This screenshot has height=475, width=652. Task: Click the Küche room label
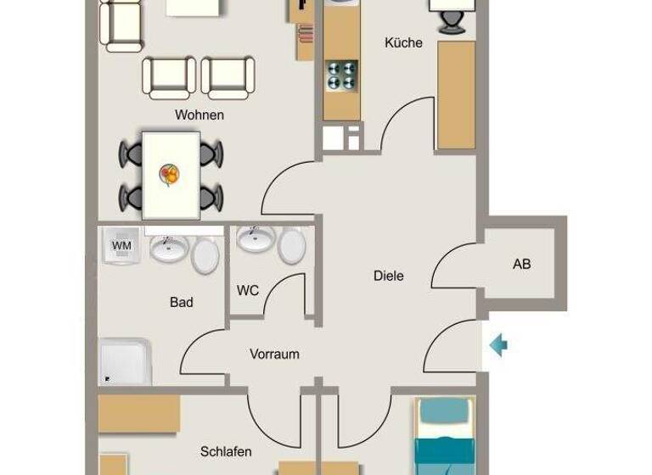pyautogui.click(x=403, y=42)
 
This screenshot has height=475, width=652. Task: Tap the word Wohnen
pyautogui.click(x=200, y=115)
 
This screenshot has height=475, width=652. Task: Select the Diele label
pyautogui.click(x=389, y=276)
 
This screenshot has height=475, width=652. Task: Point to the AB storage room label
pyautogui.click(x=521, y=264)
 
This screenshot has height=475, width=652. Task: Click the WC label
pyautogui.click(x=248, y=291)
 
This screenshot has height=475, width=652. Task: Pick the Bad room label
pyautogui.click(x=181, y=302)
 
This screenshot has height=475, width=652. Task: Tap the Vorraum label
pyautogui.click(x=274, y=354)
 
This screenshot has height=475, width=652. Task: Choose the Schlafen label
pyautogui.click(x=226, y=452)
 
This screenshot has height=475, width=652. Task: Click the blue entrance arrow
pyautogui.click(x=498, y=344)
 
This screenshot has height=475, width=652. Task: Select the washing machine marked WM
pyautogui.click(x=122, y=246)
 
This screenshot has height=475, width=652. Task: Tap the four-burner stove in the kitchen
pyautogui.click(x=341, y=75)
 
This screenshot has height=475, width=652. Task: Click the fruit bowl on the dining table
pyautogui.click(x=170, y=175)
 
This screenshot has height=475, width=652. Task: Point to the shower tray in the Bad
pyautogui.click(x=125, y=362)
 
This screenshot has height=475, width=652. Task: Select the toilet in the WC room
pyautogui.click(x=291, y=246)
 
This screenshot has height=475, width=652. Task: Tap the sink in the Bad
pyautogui.click(x=168, y=247)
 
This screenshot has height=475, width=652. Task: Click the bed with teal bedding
pyautogui.click(x=443, y=437)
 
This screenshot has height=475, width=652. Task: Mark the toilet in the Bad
pyautogui.click(x=205, y=254)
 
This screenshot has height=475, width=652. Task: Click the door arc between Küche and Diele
pyautogui.click(x=405, y=123)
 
